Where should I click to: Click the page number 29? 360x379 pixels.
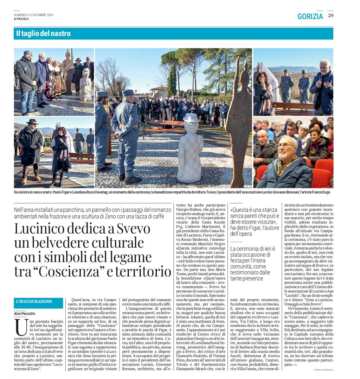pos(330,15)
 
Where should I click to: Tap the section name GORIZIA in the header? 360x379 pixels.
pos(310,16)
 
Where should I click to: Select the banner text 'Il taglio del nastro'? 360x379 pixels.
pos(43,33)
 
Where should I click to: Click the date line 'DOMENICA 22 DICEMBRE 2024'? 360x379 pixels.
pos(33,15)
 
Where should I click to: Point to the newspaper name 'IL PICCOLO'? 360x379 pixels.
pos(21,19)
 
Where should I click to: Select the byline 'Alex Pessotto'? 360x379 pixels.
pos(25,313)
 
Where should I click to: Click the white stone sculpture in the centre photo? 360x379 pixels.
pos(190,151)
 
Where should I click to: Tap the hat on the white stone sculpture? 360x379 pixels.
pos(191,118)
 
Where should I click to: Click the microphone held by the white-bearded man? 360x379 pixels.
pos(320,79)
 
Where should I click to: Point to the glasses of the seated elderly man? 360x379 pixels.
pos(285,145)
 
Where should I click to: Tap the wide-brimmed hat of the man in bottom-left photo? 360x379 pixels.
pos(32,121)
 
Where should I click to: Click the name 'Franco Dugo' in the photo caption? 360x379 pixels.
pos(321,192)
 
